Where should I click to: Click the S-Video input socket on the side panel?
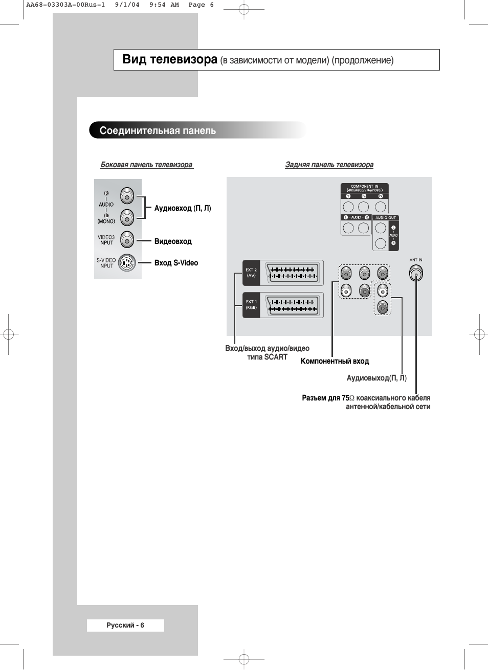pyautogui.click(x=127, y=263)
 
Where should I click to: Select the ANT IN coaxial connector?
pyautogui.click(x=416, y=274)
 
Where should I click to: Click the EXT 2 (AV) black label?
pyautogui.click(x=251, y=273)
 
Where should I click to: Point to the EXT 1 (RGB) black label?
pyautogui.click(x=251, y=305)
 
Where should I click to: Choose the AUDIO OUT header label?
pyautogui.click(x=385, y=218)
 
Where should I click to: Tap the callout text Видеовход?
pyautogui.click(x=173, y=241)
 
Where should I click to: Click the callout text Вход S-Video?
pyautogui.click(x=176, y=263)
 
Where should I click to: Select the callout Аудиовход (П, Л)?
pyautogui.click(x=183, y=208)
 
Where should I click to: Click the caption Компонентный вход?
pyautogui.click(x=335, y=361)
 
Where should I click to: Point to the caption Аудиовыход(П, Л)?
pyautogui.click(x=376, y=378)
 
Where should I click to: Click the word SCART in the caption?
pyautogui.click(x=276, y=357)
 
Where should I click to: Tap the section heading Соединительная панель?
pyautogui.click(x=158, y=130)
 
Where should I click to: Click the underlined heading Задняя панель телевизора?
pyautogui.click(x=329, y=165)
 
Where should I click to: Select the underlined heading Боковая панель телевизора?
pyautogui.click(x=146, y=165)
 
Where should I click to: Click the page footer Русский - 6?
pyautogui.click(x=125, y=625)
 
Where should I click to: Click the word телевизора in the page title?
pyautogui.click(x=184, y=60)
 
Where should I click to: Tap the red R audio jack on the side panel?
pyautogui.click(x=127, y=196)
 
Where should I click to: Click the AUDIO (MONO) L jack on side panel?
pyautogui.click(x=127, y=218)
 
